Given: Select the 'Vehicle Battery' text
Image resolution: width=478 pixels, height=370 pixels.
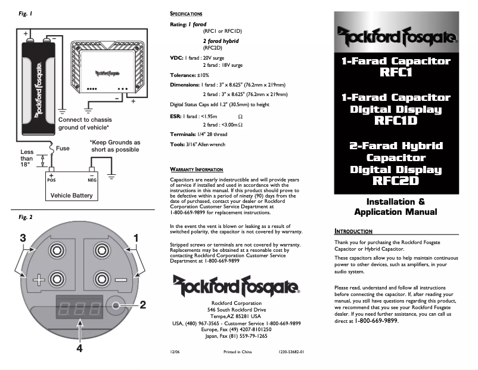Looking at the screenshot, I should [71, 195].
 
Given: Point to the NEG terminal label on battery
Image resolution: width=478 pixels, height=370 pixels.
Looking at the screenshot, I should [92, 179].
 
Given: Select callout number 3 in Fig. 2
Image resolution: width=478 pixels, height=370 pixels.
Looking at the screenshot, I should [22, 238].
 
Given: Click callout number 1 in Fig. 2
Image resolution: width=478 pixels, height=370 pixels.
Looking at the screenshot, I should [136, 238].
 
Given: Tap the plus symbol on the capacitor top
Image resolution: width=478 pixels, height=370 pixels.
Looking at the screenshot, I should [39, 280].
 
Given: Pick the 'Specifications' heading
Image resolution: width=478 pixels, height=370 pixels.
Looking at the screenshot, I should [186, 13].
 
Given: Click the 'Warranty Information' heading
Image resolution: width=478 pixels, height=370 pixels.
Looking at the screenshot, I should [196, 169].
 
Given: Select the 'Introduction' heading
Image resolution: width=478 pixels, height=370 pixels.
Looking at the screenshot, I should [353, 231].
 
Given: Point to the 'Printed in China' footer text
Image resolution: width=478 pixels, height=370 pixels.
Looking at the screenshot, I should [238, 352].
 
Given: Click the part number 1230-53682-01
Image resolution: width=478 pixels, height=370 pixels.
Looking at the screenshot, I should [291, 352].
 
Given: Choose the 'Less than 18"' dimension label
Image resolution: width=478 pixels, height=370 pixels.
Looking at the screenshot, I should [28, 159].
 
